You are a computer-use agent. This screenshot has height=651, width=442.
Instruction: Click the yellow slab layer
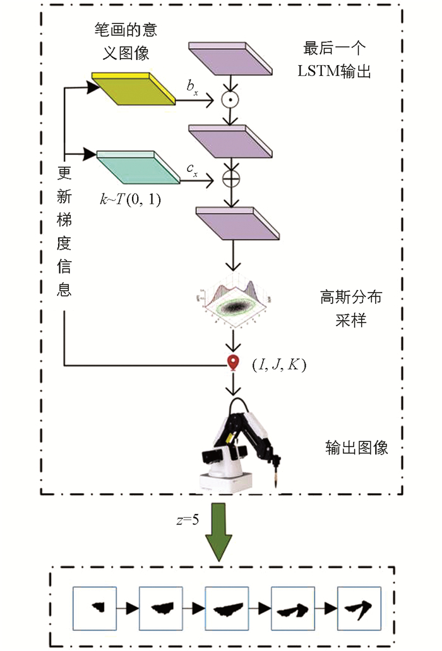click(133, 88)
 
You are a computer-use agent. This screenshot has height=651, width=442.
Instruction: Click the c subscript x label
click(192, 168)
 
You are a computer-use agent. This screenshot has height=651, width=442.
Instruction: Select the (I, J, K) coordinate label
click(278, 364)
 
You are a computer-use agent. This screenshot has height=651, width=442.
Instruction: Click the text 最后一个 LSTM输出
click(334, 60)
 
